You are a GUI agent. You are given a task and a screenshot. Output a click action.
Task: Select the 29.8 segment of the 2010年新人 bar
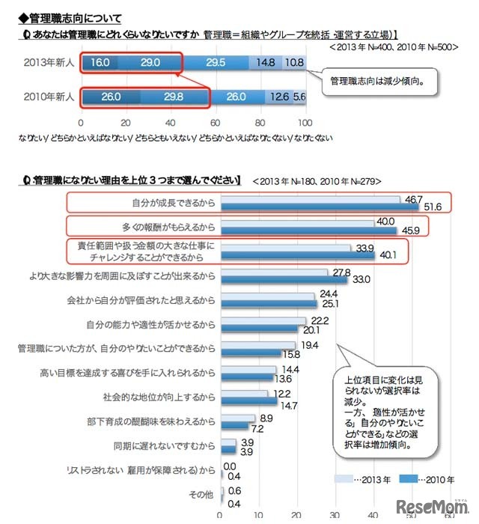point(173,96)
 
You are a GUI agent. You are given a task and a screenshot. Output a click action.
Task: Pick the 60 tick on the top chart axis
point(216,122)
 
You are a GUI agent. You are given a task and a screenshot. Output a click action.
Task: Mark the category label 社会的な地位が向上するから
point(162,397)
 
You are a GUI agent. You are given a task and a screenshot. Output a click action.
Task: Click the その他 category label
point(202,495)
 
